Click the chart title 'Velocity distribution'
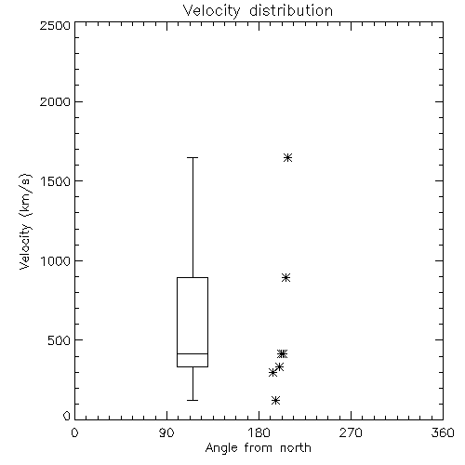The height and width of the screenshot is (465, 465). tap(258, 11)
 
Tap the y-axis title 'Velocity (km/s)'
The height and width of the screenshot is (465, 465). tap(25, 221)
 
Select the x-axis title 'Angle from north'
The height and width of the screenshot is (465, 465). tap(258, 447)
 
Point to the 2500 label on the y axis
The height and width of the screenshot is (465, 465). tap(55, 25)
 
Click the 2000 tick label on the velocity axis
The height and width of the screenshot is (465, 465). tap(55, 101)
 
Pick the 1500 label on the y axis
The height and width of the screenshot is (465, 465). tap(56, 181)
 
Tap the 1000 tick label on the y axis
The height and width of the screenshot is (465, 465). tap(56, 261)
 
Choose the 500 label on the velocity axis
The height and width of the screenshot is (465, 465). tap(60, 340)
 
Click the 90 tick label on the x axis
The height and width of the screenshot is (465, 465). tap(166, 432)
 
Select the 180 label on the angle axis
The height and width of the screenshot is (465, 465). tap(259, 432)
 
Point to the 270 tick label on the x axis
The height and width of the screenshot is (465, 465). tap(351, 432)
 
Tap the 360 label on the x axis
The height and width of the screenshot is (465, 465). tap(443, 432)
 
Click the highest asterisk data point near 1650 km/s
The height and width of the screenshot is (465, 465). tap(287, 158)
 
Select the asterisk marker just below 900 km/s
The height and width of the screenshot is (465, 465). tap(286, 277)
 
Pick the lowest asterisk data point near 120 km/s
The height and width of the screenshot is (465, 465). tap(275, 400)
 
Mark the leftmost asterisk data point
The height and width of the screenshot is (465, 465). tap(272, 373)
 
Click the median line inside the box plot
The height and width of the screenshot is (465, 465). tap(193, 353)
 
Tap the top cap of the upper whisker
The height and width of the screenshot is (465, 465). tap(193, 158)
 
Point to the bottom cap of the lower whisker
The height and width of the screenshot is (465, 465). tap(193, 400)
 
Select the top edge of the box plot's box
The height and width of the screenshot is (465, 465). tap(193, 277)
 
